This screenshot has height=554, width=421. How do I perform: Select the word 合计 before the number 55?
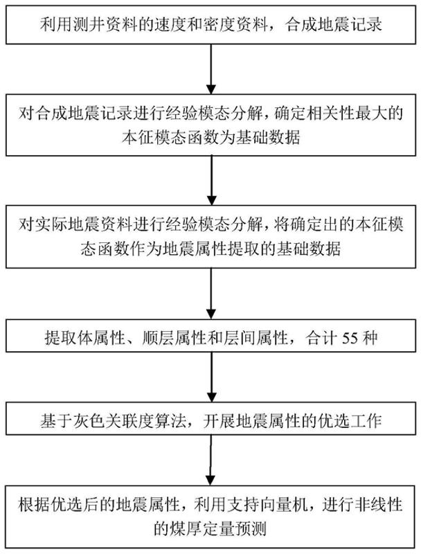pyautogui.click(x=321, y=338)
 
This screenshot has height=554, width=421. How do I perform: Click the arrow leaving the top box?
pyautogui.click(x=211, y=69)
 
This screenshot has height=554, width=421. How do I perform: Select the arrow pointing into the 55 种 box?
pyautogui.click(x=211, y=294)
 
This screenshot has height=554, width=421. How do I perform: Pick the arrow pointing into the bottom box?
pyautogui.click(x=211, y=461)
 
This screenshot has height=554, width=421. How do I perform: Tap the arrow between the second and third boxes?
pyautogui.click(x=211, y=181)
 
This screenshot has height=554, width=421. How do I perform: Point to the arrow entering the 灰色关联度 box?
pyautogui.click(x=211, y=377)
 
